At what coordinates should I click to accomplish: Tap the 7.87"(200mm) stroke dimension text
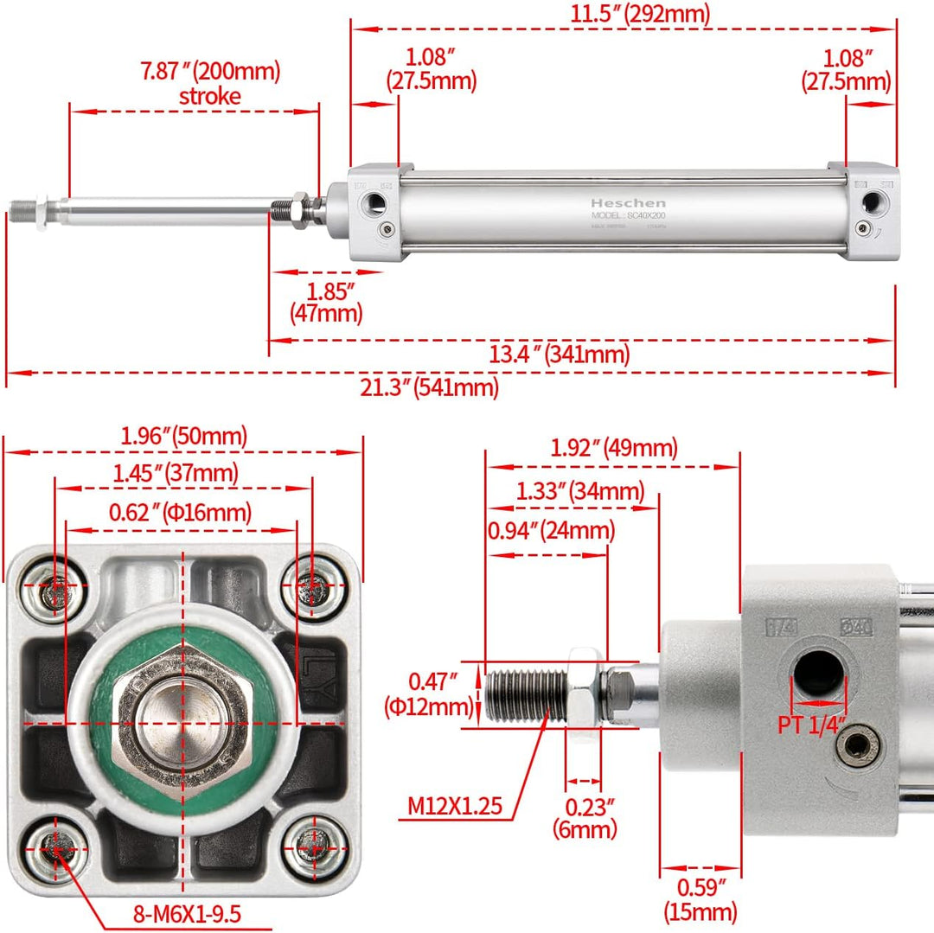pos(211,83)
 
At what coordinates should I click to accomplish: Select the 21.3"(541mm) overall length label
pos(430,387)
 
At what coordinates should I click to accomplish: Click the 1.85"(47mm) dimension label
pos(326,300)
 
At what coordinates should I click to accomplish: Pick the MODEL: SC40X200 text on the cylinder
pos(629,214)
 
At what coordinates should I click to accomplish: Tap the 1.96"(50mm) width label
pos(183,438)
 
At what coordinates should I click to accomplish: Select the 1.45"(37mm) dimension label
pos(176,474)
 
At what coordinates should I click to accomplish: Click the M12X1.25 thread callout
pos(455,807)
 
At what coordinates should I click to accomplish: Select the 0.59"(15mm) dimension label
pos(700,898)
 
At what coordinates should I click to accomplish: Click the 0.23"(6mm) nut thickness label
pos(585,818)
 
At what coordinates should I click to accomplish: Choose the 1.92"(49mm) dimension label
pos(614,448)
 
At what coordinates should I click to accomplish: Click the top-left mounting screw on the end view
pos(54,591)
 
